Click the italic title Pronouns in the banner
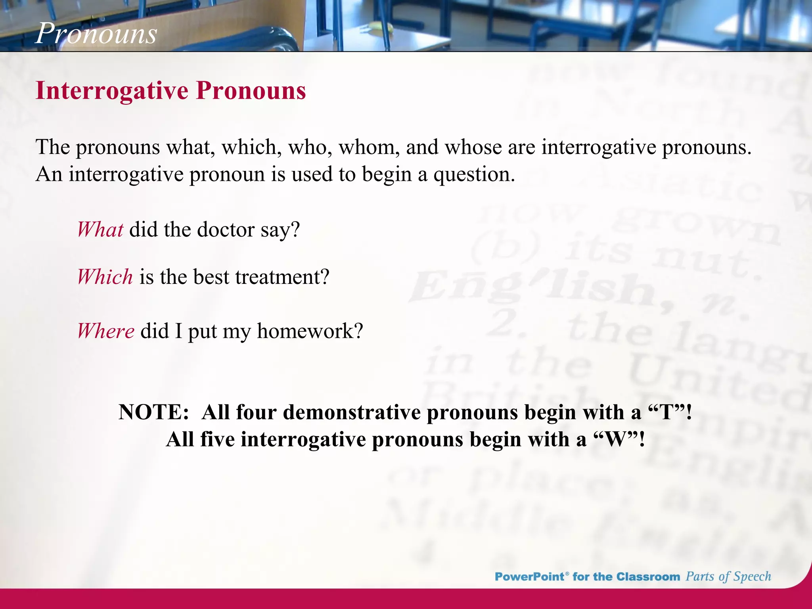click(x=96, y=33)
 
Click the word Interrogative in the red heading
click(x=112, y=91)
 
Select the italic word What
click(x=100, y=230)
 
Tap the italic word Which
click(x=105, y=277)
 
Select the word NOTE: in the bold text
click(x=154, y=412)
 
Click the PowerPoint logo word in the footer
click(x=529, y=576)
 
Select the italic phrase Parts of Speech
click(x=728, y=576)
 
